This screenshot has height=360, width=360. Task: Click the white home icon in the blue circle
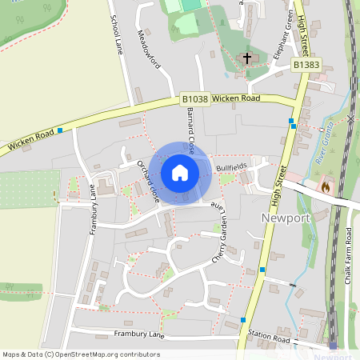click(180, 172)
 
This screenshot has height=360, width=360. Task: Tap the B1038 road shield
click(194, 99)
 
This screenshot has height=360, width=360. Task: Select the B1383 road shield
click(306, 63)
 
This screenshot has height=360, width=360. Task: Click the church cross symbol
click(247, 58)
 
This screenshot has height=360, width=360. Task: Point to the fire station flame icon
click(326, 186)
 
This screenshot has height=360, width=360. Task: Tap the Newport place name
click(285, 217)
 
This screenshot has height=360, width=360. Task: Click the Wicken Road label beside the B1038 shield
click(237, 98)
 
